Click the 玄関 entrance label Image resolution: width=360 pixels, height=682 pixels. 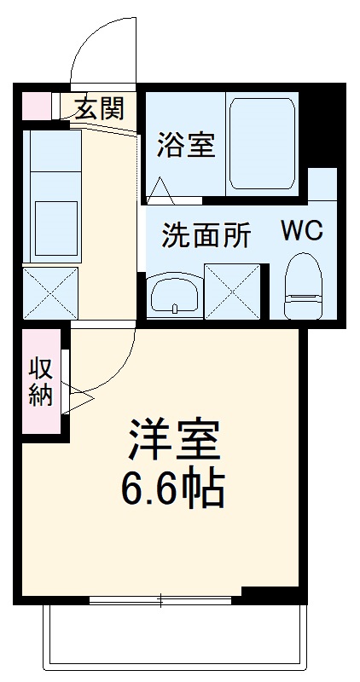[98, 108]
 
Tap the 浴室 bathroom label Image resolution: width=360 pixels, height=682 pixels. [184, 144]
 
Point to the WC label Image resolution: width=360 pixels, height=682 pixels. [302, 231]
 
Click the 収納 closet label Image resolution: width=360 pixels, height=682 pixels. [41, 381]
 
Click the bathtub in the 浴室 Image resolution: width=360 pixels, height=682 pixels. [261, 144]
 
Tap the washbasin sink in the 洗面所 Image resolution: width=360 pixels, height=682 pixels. [174, 295]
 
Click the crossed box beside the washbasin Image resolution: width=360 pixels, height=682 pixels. [231, 292]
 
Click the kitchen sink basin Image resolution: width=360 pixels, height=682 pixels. [54, 227]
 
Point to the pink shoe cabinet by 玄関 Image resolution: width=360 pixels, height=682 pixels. [35, 105]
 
